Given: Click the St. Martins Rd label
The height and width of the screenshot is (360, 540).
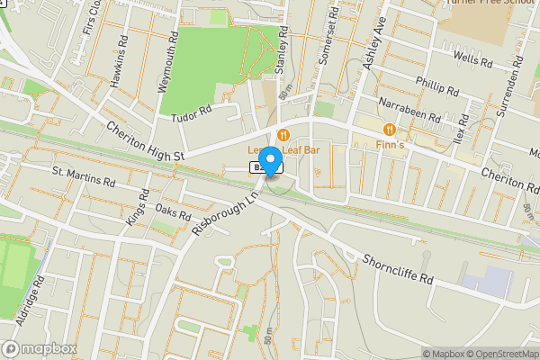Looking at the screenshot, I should coord(84,176).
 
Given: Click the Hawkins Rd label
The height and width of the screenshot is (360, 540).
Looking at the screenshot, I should coord(116,67).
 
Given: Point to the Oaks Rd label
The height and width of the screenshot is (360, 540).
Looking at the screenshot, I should coord(174,212).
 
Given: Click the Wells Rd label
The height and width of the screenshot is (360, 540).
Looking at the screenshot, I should coord(473,60).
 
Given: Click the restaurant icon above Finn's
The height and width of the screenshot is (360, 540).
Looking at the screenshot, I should coord(389,129).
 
